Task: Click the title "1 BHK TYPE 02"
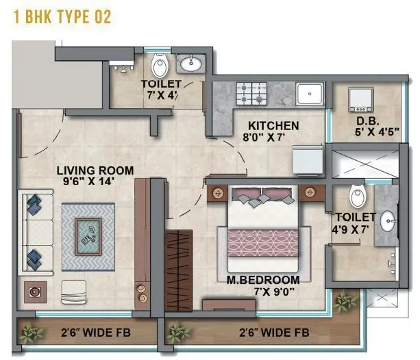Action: pos(62,17)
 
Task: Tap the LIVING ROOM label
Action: pos(95,170)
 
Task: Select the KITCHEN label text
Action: pos(273,126)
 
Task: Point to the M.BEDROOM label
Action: pos(264,281)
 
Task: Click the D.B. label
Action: pos(364,123)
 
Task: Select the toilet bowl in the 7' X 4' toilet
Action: pos(160,66)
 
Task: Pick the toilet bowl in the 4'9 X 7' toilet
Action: pos(358,196)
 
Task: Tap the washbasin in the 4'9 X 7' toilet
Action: pos(388,221)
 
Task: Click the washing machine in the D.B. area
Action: pos(361,99)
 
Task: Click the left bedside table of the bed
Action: pos(219,193)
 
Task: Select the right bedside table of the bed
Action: pos(311,192)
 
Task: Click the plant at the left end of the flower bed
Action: pos(29,334)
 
